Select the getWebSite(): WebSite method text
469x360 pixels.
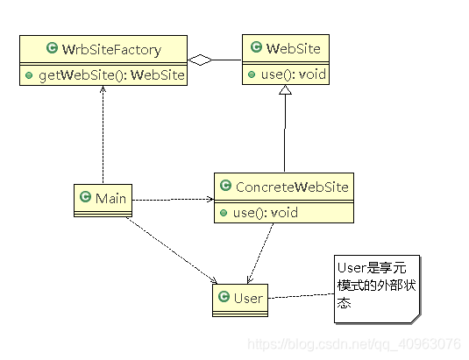[110, 75]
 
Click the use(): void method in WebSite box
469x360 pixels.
[293, 74]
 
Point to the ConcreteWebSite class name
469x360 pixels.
[292, 187]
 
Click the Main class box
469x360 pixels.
[101, 200]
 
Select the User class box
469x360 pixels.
[239, 300]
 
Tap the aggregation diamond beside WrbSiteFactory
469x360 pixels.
[203, 60]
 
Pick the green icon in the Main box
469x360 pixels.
[86, 198]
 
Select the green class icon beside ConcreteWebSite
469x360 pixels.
[225, 187]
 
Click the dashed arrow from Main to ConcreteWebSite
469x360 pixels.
[171, 199]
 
